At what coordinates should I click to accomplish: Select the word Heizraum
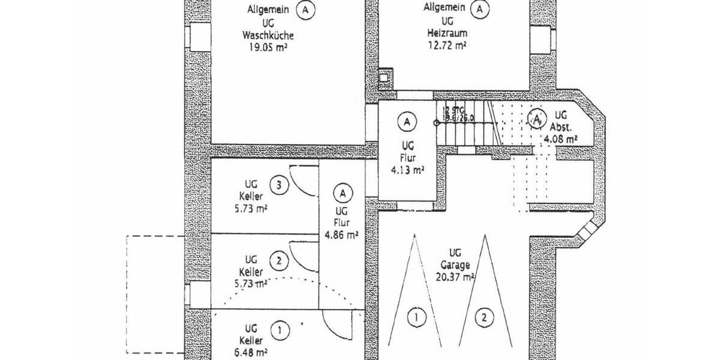444,33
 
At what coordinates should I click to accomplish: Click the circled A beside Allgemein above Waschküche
306,10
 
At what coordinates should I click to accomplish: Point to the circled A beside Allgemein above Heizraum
479,8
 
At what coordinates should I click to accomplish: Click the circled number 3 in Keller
278,185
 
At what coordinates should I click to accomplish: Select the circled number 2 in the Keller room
278,261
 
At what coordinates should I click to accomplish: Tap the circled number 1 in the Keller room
278,329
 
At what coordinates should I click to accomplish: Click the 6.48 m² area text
251,352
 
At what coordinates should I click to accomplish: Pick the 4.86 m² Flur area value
341,235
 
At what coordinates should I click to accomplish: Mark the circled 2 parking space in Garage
483,317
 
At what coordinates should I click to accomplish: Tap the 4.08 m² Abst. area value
560,139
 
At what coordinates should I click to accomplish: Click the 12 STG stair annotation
454,110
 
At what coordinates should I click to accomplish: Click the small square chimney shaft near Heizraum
384,78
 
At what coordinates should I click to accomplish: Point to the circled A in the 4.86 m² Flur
343,193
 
